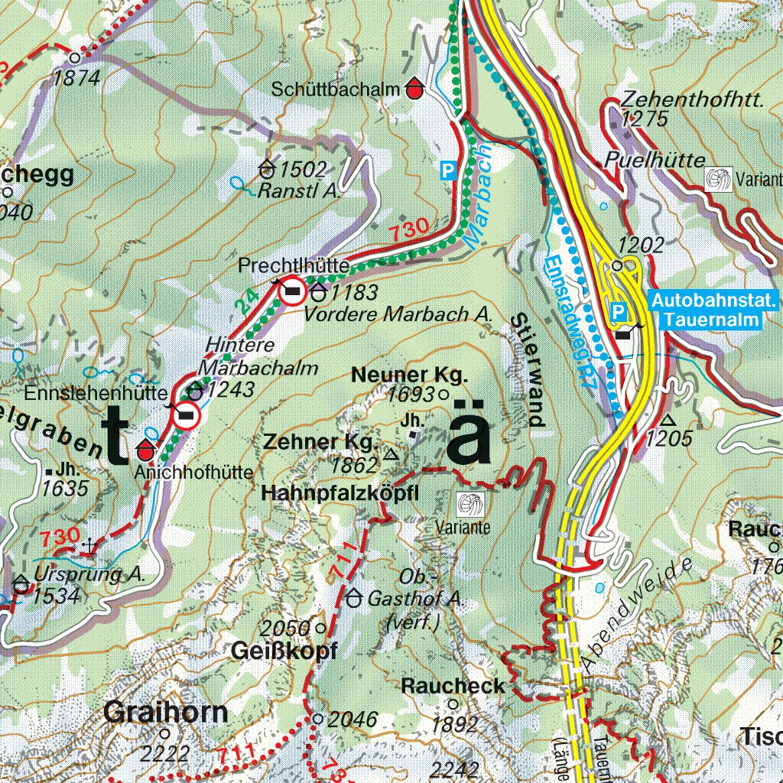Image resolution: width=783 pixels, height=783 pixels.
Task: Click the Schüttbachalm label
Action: (x=336, y=89)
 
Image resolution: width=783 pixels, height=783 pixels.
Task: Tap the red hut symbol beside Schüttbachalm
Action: (x=414, y=89)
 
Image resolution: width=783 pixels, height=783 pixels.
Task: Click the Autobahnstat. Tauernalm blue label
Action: (x=714, y=310)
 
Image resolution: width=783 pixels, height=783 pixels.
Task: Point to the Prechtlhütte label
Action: (x=294, y=265)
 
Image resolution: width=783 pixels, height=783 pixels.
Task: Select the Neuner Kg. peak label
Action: (x=408, y=375)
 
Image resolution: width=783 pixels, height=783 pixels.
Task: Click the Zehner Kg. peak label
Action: (x=320, y=442)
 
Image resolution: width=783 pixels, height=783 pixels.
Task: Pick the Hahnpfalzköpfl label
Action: (x=340, y=494)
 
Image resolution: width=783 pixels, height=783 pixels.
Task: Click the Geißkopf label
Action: (x=284, y=651)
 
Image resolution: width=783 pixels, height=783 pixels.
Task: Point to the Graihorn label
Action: (x=166, y=713)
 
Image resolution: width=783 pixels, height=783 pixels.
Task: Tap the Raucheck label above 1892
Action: (x=453, y=686)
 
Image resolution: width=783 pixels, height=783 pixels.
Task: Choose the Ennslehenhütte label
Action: (x=96, y=394)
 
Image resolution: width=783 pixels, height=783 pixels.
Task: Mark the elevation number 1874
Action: (x=77, y=77)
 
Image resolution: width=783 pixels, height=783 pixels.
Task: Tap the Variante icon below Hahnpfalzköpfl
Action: (x=470, y=505)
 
